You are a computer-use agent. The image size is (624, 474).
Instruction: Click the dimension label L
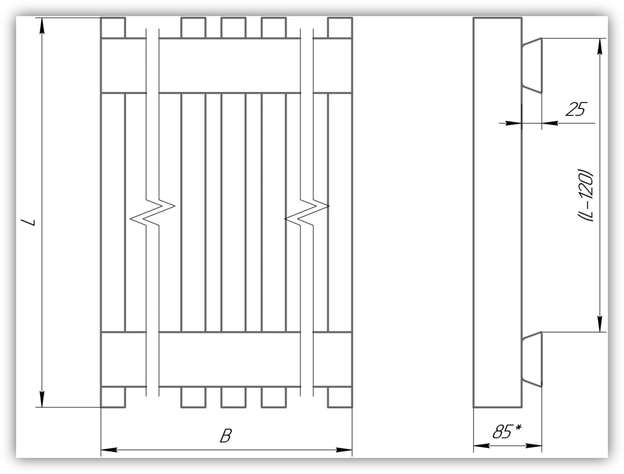(x=32, y=222)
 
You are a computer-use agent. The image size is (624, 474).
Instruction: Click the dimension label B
(x=226, y=436)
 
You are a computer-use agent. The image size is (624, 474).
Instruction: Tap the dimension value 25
(x=576, y=109)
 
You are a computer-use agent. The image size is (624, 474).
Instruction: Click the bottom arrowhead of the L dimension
(x=42, y=399)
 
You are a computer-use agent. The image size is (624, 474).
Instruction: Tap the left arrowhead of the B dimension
(x=109, y=450)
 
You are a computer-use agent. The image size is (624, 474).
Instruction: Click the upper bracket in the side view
(x=532, y=66)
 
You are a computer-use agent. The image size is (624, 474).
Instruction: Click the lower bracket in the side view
(x=532, y=360)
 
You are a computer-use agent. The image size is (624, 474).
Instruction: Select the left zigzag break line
(x=152, y=212)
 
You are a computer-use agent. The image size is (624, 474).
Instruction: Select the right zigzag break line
(x=307, y=212)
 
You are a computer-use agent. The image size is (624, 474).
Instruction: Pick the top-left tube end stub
(x=113, y=28)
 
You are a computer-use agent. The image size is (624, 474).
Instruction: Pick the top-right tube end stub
(x=340, y=28)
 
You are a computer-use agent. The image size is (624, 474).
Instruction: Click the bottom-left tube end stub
(x=113, y=397)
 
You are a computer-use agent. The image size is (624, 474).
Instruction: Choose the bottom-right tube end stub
(x=340, y=397)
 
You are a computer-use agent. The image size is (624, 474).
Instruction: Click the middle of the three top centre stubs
(x=233, y=28)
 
